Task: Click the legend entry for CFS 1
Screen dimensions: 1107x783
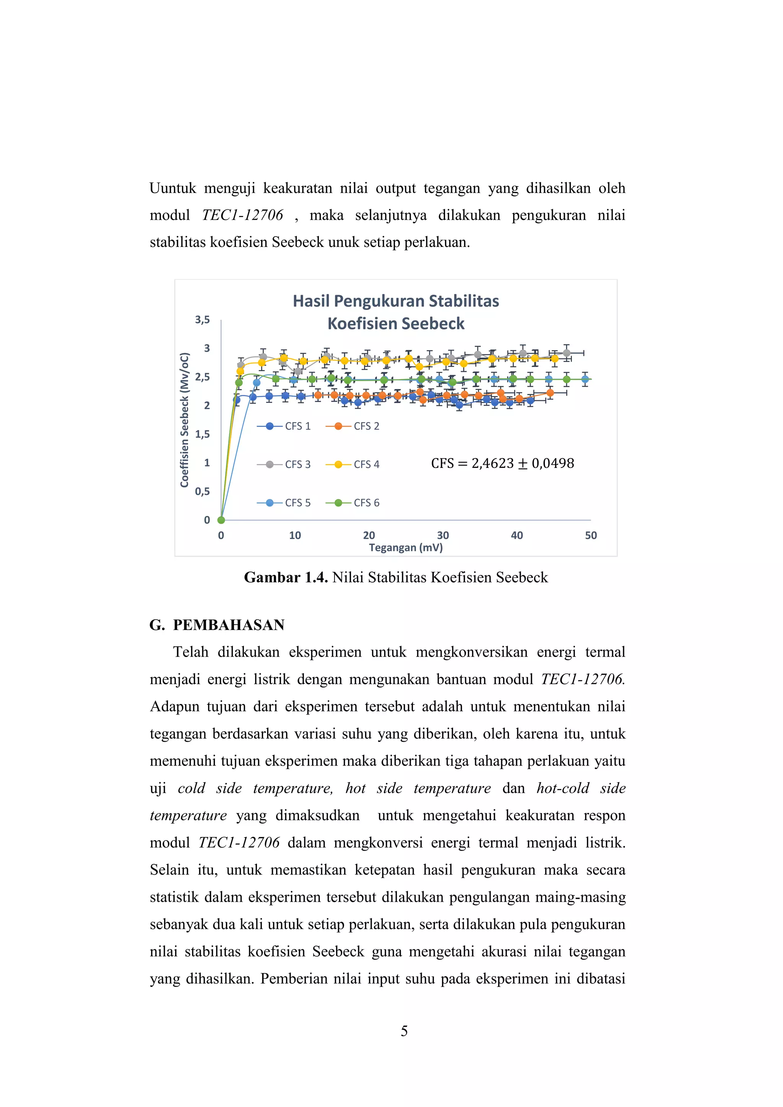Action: click(x=284, y=426)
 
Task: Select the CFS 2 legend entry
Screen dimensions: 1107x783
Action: click(x=353, y=426)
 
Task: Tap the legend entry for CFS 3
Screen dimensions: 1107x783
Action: click(x=284, y=464)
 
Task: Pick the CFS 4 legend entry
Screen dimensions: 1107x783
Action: click(x=353, y=464)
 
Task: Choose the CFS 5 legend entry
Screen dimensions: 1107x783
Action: click(x=284, y=503)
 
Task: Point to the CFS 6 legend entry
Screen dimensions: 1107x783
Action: click(x=353, y=503)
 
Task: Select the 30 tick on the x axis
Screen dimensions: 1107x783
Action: click(x=443, y=535)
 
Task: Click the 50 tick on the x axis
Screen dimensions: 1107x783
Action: click(x=591, y=535)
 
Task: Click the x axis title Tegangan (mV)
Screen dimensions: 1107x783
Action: click(x=406, y=548)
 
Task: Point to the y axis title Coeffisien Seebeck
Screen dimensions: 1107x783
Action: click(x=184, y=419)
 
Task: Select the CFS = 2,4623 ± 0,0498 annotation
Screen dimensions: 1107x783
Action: click(x=502, y=463)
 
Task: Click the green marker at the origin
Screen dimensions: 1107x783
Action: click(x=221, y=520)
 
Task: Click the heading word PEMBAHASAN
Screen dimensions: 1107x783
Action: click(x=229, y=625)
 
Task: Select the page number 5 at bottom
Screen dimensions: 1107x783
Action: click(x=404, y=1031)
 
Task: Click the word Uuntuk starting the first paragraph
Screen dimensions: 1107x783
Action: click(x=172, y=188)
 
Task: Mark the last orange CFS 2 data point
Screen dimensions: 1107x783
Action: click(x=550, y=393)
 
